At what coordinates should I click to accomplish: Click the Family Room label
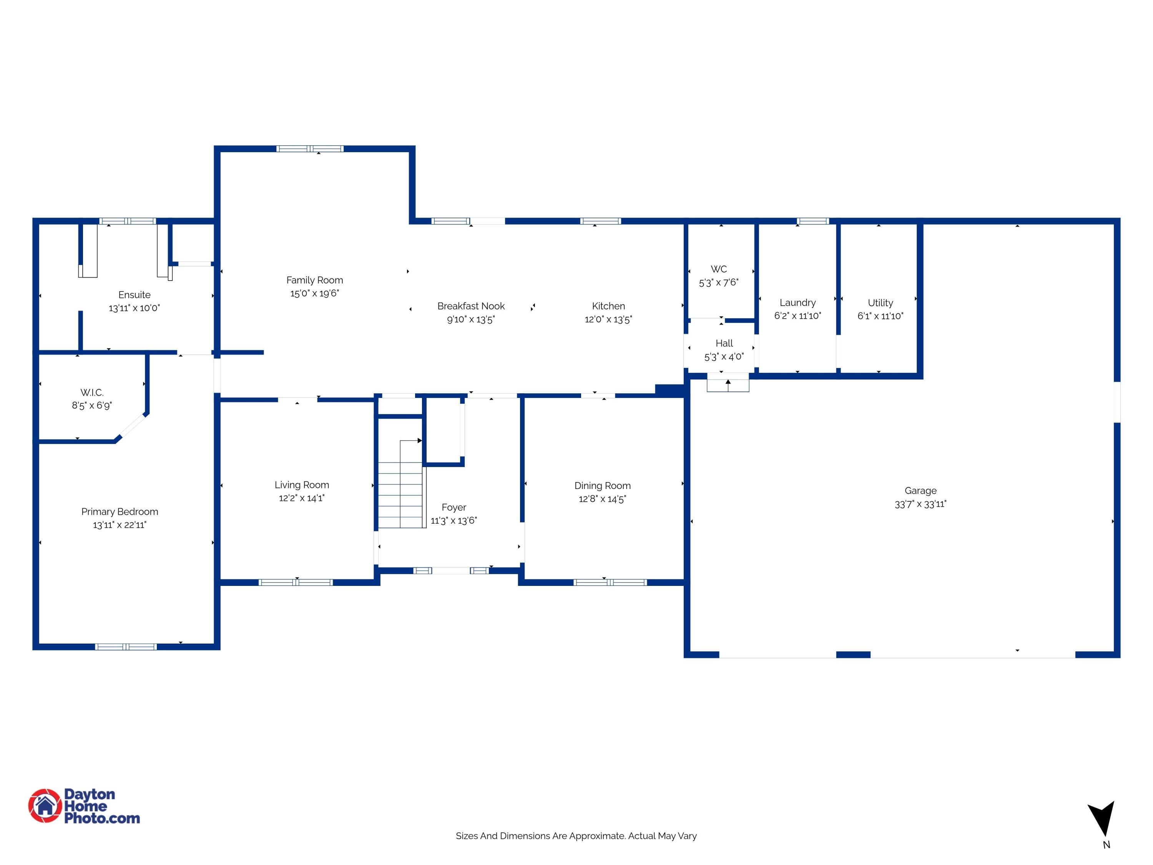point(314,280)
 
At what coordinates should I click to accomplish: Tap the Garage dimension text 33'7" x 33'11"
point(920,504)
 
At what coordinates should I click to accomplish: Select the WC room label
point(718,269)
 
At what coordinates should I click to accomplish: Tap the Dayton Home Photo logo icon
point(45,805)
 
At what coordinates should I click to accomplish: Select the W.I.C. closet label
point(92,392)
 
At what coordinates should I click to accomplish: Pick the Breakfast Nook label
point(471,306)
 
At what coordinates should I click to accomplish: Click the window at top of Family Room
point(310,149)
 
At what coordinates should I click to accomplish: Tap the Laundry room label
point(797,303)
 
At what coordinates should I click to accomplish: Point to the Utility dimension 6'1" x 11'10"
point(880,316)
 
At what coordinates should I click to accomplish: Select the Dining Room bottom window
point(610,582)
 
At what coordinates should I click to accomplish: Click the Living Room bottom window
point(296,582)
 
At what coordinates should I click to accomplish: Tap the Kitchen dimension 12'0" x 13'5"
point(608,319)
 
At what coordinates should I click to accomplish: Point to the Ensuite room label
point(134,294)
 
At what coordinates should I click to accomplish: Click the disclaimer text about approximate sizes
point(576,836)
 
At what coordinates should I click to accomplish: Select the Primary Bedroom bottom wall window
point(126,647)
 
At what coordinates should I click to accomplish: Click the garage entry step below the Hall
point(728,385)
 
